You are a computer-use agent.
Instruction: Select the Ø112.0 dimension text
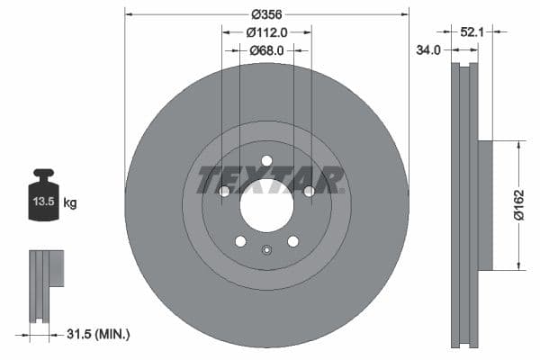click(x=266, y=32)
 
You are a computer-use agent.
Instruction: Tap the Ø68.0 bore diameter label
click(x=266, y=50)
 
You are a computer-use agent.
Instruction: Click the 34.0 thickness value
click(x=428, y=50)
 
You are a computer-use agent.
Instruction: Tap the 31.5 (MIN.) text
click(x=98, y=335)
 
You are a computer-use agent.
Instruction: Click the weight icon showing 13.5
click(x=44, y=193)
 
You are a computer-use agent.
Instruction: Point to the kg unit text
click(x=70, y=203)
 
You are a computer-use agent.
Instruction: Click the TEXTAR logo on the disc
click(x=270, y=179)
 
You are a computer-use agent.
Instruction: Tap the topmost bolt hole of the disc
click(x=266, y=161)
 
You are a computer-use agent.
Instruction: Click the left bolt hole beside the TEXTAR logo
click(x=224, y=191)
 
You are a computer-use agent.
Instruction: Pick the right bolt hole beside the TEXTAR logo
click(x=309, y=191)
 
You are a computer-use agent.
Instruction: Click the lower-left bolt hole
click(x=240, y=241)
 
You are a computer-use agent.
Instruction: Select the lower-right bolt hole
click(x=292, y=241)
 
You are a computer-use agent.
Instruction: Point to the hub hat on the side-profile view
click(x=484, y=204)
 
